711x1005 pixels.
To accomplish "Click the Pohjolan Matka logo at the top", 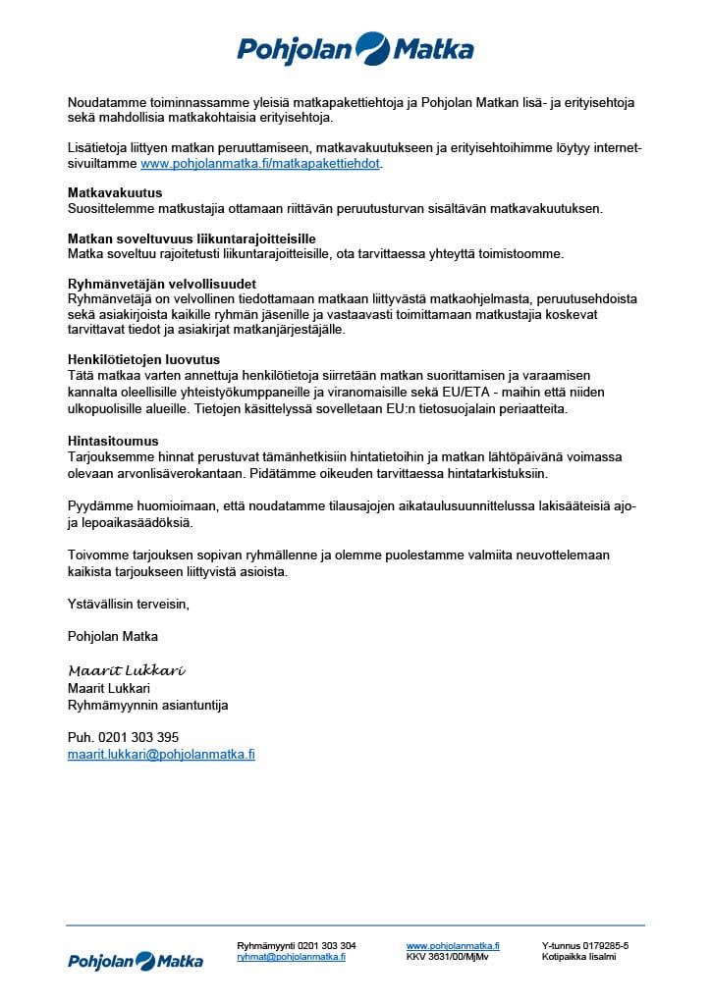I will click(x=355, y=48).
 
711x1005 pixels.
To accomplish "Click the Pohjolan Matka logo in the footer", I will click(x=136, y=961).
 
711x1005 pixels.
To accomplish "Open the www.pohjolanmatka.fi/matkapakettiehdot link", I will click(x=260, y=164).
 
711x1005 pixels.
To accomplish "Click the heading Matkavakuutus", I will click(x=115, y=192).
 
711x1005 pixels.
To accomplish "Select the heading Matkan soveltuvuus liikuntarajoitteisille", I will click(x=191, y=238).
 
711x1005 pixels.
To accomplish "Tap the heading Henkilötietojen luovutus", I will click(x=143, y=359).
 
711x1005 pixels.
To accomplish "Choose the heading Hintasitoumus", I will click(x=113, y=442).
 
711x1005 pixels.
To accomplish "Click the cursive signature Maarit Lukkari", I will click(x=127, y=670).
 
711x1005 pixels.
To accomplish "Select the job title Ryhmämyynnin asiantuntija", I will click(x=147, y=705).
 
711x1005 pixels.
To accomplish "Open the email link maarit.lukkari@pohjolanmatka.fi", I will click(x=161, y=754).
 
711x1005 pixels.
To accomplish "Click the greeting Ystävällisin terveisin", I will click(x=128, y=605).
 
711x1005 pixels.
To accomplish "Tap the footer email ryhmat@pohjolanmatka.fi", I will click(x=291, y=957).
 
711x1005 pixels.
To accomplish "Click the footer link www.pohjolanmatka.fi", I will click(x=453, y=945).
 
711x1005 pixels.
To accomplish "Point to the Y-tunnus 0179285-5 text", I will click(x=584, y=945).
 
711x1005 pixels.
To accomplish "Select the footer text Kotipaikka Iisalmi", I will click(x=578, y=957).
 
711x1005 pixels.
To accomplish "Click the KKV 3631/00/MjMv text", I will click(x=447, y=957).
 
